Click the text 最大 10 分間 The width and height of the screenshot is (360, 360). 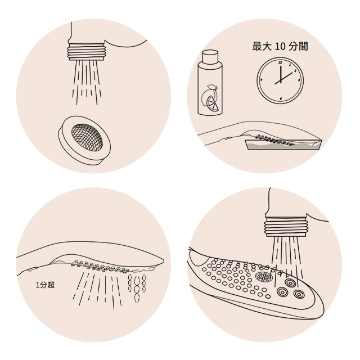(280, 46)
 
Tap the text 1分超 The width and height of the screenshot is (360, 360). (46, 285)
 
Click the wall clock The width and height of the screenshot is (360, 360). (280, 80)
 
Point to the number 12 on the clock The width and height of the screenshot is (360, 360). (280, 62)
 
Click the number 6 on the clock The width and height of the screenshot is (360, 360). (281, 99)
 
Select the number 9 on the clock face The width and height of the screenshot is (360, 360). (262, 80)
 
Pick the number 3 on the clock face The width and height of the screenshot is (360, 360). (299, 80)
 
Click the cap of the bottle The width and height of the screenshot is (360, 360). (210, 56)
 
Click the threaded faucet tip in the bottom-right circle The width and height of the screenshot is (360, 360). (285, 227)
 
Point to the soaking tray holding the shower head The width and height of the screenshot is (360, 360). (284, 145)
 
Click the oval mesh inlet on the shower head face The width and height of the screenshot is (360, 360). (264, 277)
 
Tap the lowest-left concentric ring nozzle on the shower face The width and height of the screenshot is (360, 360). (282, 292)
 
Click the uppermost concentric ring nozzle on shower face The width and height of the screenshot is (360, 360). (290, 282)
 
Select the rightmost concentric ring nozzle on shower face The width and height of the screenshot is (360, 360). (299, 294)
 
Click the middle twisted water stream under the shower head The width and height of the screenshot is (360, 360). (137, 289)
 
